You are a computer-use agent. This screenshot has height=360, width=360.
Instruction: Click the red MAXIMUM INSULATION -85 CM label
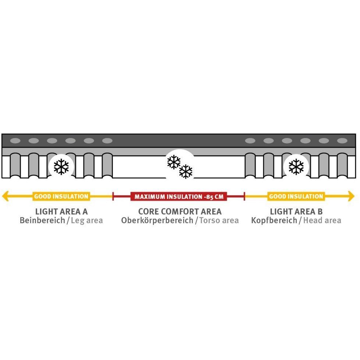pyautogui.click(x=179, y=196)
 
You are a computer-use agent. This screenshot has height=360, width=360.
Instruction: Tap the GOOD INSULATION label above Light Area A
pyautogui.click(x=61, y=196)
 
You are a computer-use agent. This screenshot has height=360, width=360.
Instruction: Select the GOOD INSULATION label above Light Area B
pyautogui.click(x=296, y=196)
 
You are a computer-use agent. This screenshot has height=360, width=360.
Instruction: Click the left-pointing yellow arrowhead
pyautogui.click(x=6, y=196)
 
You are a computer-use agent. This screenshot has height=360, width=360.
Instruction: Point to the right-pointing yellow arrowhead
pyautogui.click(x=351, y=196)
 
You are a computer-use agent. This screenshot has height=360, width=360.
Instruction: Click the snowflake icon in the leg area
pyautogui.click(x=61, y=167)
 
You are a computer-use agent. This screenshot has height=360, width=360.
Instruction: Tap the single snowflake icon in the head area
pyautogui.click(x=296, y=167)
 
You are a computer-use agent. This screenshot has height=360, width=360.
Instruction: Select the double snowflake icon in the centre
pyautogui.click(x=180, y=167)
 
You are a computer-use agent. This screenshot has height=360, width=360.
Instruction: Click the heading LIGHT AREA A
pyautogui.click(x=61, y=211)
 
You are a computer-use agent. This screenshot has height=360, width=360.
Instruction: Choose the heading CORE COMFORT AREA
pyautogui.click(x=180, y=211)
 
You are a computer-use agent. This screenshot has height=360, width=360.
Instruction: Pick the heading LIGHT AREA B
pyautogui.click(x=296, y=211)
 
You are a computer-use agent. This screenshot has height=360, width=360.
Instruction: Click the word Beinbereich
pyautogui.click(x=42, y=220)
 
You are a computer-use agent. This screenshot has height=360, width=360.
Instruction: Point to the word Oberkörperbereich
pyautogui.click(x=157, y=221)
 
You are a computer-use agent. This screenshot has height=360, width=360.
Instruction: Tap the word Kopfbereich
pyautogui.click(x=274, y=221)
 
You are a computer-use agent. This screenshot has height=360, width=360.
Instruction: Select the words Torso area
pyautogui.click(x=219, y=220)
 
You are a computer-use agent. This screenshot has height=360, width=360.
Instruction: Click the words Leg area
pyautogui.click(x=87, y=221)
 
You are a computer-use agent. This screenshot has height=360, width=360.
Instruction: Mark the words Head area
pyautogui.click(x=322, y=220)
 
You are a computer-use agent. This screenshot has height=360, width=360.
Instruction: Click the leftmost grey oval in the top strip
pyautogui.click(x=15, y=141)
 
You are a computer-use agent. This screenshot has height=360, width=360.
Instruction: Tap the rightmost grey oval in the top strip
pyautogui.click(x=342, y=141)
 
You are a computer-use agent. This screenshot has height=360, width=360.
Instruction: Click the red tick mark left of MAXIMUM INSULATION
pyautogui.click(x=113, y=196)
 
